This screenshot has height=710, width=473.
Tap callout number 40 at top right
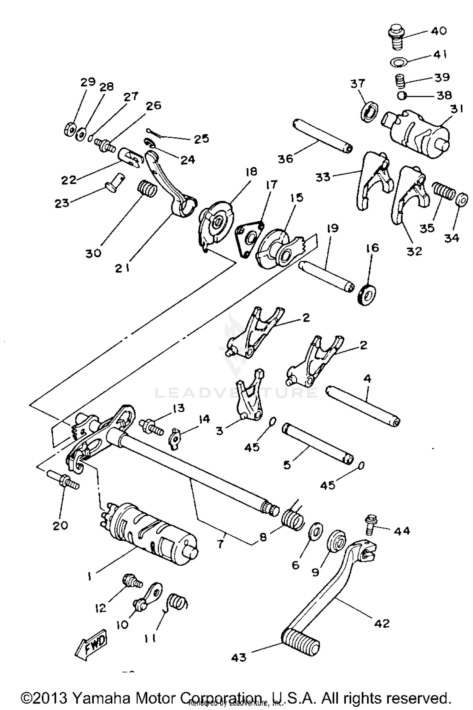coord(439,31)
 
